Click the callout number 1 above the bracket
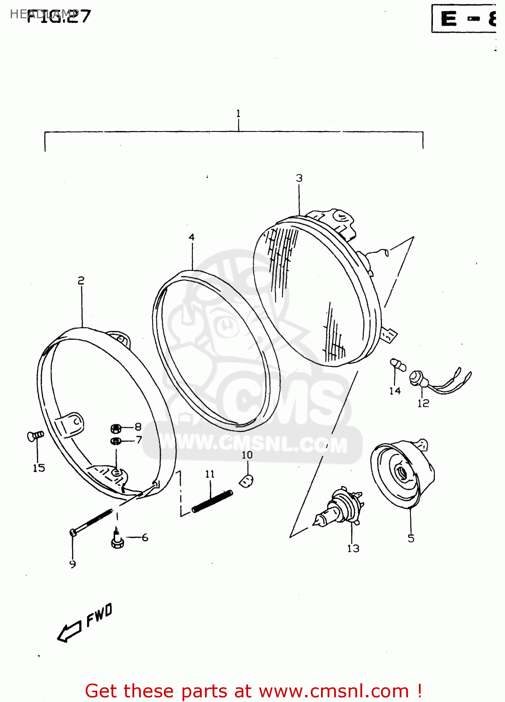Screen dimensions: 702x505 (x=238, y=113)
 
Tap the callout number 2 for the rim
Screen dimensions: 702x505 (x=81, y=280)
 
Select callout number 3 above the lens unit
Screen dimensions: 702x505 (x=299, y=178)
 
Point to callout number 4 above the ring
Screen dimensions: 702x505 (x=191, y=237)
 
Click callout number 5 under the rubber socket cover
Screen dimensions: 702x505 (x=411, y=539)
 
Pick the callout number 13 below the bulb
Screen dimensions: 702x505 (x=353, y=548)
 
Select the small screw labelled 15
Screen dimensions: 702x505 (x=35, y=436)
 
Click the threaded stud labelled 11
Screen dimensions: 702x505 (x=212, y=501)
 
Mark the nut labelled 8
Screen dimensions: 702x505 (x=116, y=428)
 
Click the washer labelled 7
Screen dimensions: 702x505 (x=116, y=441)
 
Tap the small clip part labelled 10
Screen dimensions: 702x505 (x=247, y=480)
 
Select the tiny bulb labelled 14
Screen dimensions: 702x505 (x=397, y=364)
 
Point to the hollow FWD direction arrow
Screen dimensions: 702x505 (x=69, y=632)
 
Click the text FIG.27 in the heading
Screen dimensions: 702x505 (x=58, y=16)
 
